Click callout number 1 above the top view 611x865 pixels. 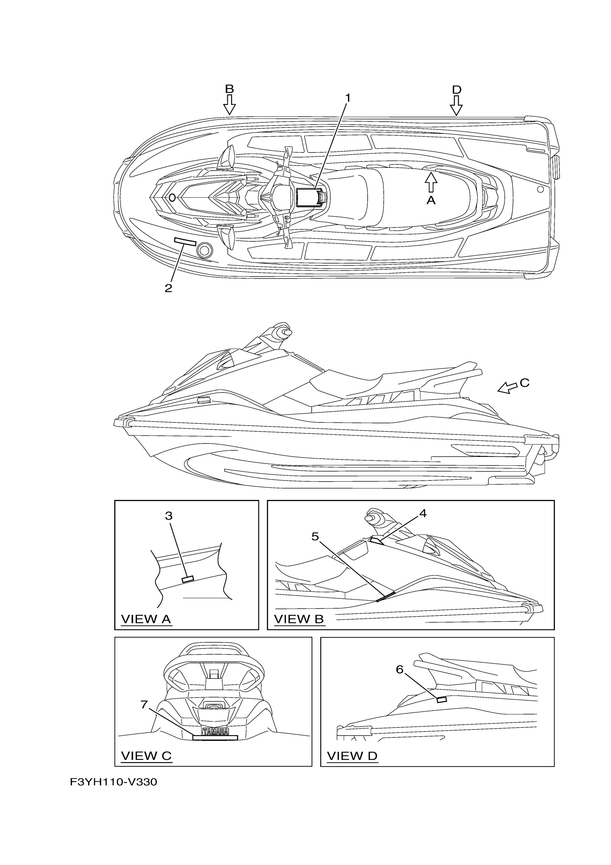tap(348, 98)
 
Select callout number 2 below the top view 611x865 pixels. tap(168, 288)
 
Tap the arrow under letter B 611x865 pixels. tap(229, 105)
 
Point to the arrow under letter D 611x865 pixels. tap(456, 105)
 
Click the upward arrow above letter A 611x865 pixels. tap(431, 182)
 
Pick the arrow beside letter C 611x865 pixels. tap(507, 388)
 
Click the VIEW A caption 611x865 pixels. tap(146, 619)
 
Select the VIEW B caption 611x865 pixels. tap(299, 619)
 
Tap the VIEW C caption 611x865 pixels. tap(146, 755)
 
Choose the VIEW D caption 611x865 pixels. tap(352, 755)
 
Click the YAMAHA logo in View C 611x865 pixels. tap(215, 732)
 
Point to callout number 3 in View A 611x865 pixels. tap(169, 516)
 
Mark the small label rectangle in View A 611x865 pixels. tap(188, 579)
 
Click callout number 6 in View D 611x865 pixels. tap(399, 669)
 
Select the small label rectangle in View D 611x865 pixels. tap(441, 700)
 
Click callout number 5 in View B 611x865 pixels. tap(315, 536)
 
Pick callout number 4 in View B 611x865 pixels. tap(423, 513)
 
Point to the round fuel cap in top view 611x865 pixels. tap(205, 250)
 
